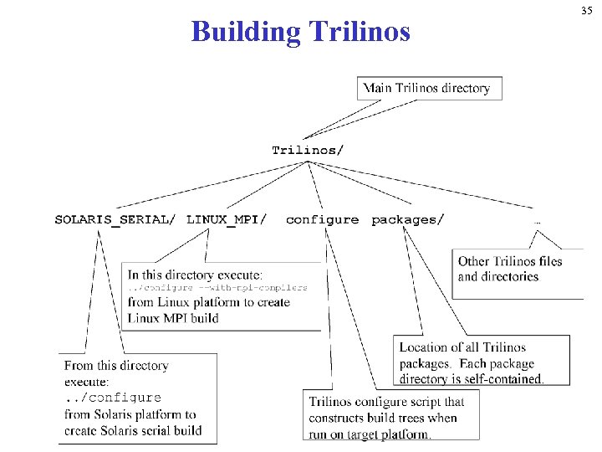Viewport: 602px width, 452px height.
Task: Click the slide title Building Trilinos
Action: [x=301, y=32]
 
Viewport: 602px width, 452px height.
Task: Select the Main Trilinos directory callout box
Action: [x=431, y=88]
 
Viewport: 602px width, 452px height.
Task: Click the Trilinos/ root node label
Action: [x=308, y=151]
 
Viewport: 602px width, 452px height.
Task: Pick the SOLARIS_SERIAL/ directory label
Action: [x=115, y=220]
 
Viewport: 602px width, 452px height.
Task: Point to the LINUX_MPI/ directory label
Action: [x=227, y=220]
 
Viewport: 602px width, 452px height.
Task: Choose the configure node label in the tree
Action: [x=322, y=220]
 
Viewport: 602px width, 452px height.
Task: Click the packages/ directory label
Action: [x=408, y=220]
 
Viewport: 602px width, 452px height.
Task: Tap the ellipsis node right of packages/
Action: [x=537, y=222]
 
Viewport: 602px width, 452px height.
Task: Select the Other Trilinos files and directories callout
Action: [x=510, y=269]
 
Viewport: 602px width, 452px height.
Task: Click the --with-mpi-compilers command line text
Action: [x=217, y=287]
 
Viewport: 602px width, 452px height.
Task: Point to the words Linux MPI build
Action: [x=173, y=318]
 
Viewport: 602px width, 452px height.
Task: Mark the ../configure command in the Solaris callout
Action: [x=113, y=398]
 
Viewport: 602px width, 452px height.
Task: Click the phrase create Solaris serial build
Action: [x=133, y=430]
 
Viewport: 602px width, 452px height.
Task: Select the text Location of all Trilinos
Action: [x=462, y=347]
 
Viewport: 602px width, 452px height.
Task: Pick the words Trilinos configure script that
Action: [x=386, y=402]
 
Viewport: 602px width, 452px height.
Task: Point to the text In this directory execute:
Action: [x=195, y=275]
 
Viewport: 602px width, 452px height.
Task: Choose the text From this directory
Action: [x=116, y=366]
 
